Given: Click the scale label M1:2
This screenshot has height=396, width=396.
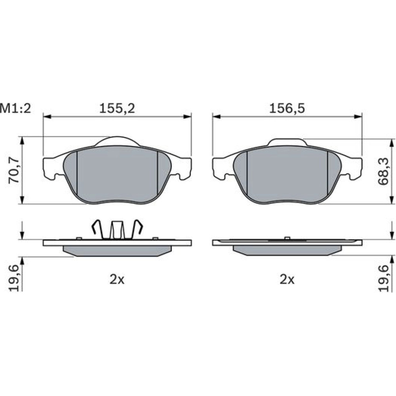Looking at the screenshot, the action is [15, 109].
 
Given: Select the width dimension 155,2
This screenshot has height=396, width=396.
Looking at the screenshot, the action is [117, 109].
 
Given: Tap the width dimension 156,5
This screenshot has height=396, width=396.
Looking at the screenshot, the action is [287, 109].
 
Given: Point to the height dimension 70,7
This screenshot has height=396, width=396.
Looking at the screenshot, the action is [14, 170].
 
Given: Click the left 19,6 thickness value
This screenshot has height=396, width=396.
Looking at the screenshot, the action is [14, 278].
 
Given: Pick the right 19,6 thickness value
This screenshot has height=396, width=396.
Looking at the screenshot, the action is [383, 278].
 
